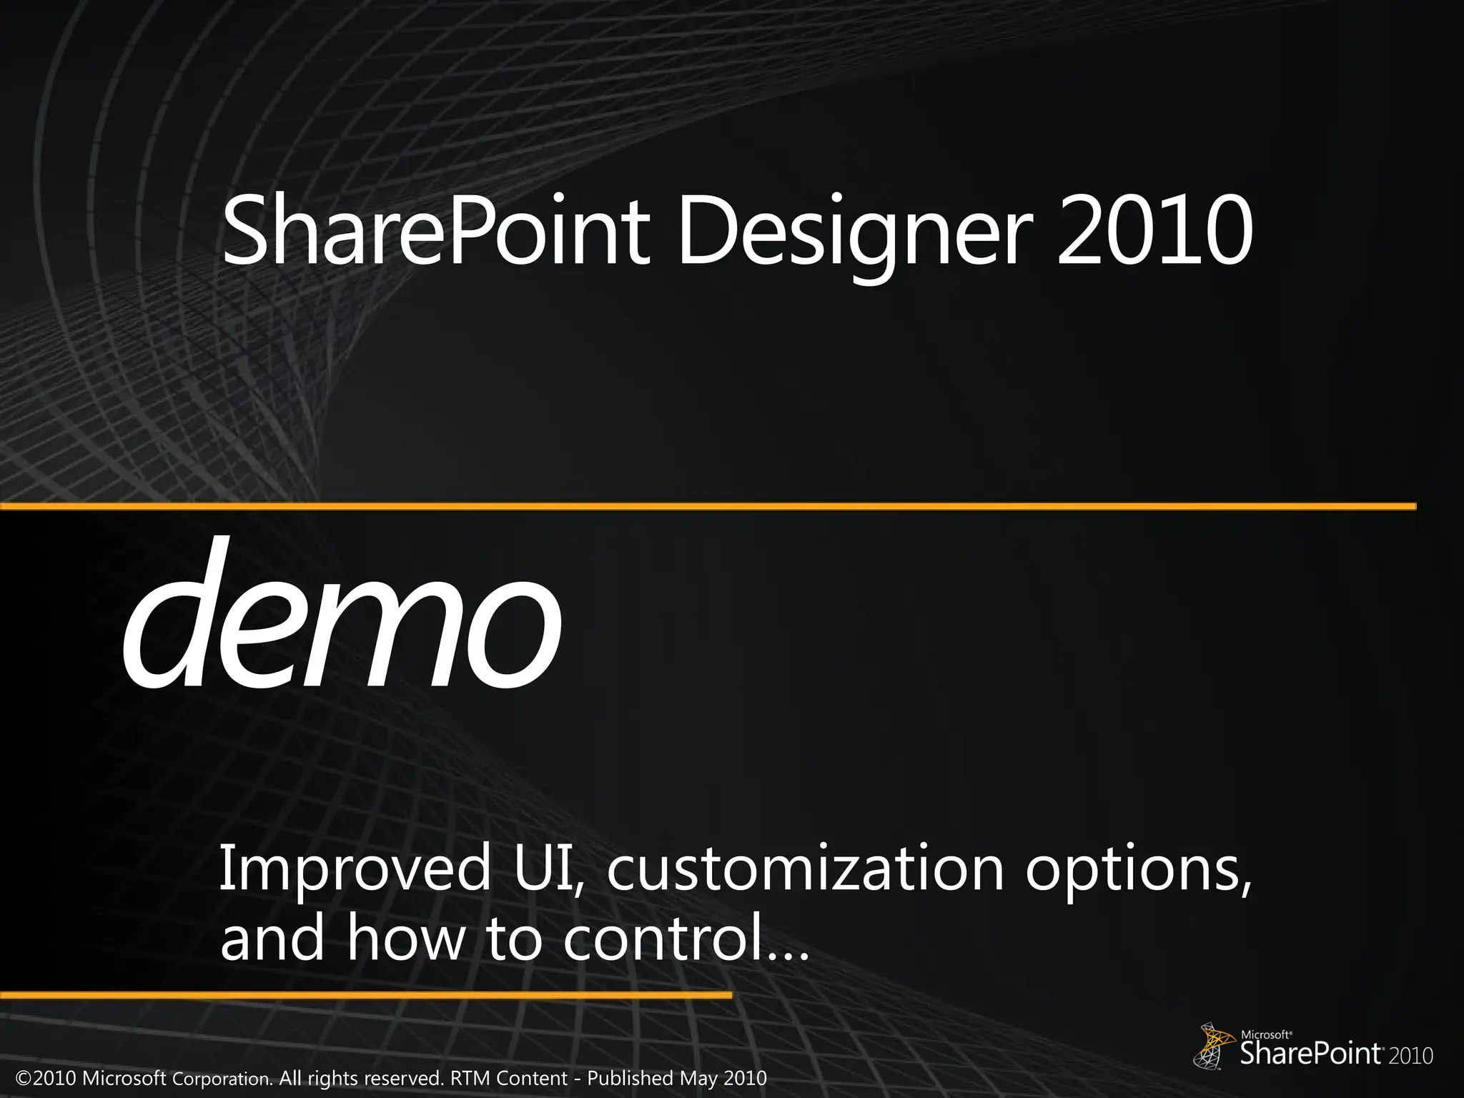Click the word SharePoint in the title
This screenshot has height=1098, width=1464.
436,232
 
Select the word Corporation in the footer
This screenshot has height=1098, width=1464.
222,1078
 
